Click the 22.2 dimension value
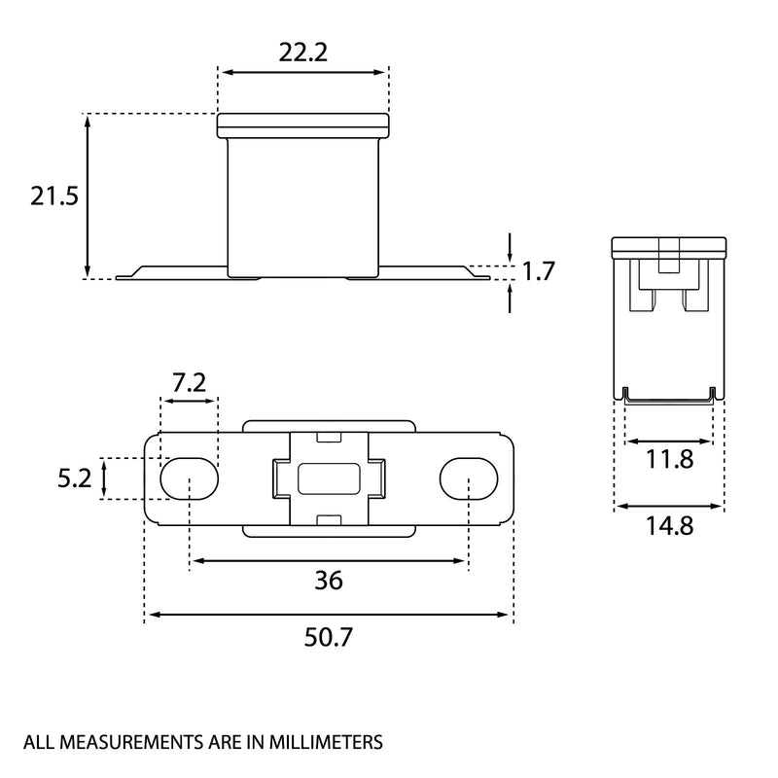(302, 53)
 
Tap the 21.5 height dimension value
(54, 196)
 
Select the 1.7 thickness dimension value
(539, 271)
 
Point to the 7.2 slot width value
(189, 382)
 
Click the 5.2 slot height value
(75, 478)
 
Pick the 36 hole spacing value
(329, 580)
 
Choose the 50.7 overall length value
(329, 637)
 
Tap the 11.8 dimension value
(669, 459)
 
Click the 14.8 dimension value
(669, 525)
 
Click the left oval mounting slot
(189, 478)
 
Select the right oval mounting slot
(469, 478)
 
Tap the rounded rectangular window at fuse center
(329, 478)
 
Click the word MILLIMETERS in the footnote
(326, 742)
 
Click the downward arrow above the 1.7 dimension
(510, 247)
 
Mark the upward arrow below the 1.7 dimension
(510, 298)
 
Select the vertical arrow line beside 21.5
(88, 196)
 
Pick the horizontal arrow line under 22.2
(303, 72)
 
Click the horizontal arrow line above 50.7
(329, 615)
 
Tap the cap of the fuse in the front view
(303, 125)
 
